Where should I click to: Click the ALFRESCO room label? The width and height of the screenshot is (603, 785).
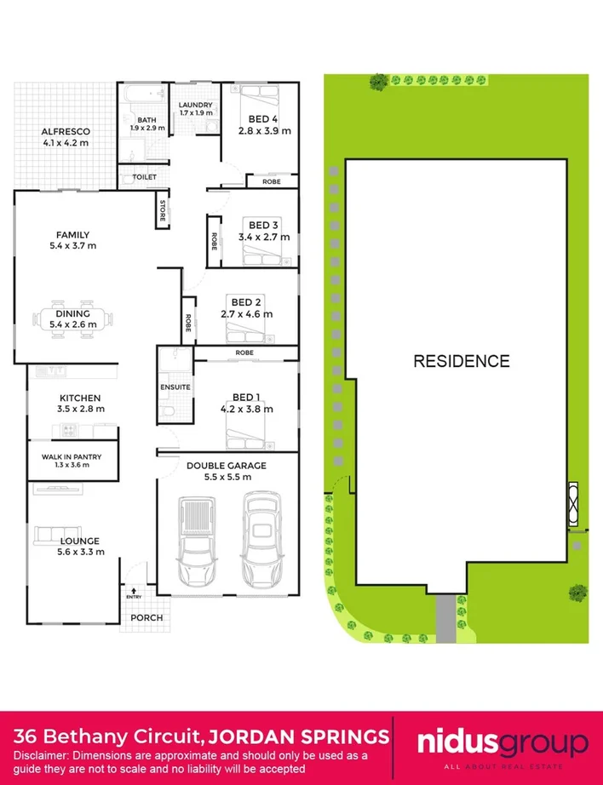[65, 131]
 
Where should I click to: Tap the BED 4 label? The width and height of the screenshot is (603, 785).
[263, 119]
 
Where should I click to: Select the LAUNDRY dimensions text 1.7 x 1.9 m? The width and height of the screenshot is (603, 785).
[196, 113]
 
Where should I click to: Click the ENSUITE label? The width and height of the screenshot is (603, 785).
[175, 387]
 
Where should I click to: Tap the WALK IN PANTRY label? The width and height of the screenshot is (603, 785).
[72, 457]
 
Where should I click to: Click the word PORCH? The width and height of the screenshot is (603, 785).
[146, 617]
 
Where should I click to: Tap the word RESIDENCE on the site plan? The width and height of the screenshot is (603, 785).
[461, 361]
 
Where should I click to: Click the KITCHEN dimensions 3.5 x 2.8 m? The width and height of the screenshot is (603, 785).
[80, 410]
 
